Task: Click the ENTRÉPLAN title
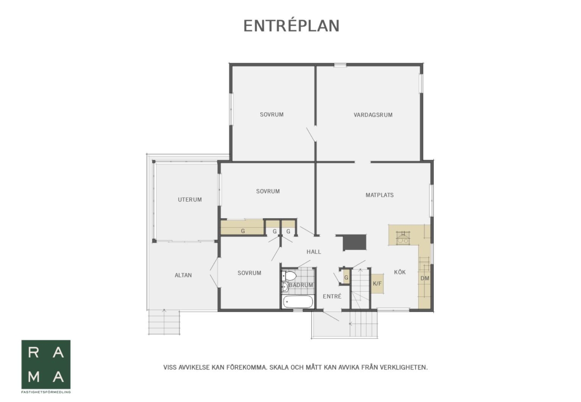point(291,26)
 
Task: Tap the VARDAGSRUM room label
point(373,115)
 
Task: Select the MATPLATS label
point(380,195)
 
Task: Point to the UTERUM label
point(190,200)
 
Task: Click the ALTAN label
point(183,275)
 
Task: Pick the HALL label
point(314,252)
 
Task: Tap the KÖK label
point(400,272)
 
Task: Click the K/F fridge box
point(377,283)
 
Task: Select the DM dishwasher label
point(425,278)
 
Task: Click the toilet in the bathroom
point(289,276)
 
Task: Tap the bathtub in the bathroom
point(298,302)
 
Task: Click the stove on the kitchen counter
point(403,238)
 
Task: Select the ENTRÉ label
point(332,296)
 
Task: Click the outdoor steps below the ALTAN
point(164,322)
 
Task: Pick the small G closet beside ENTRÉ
point(346,278)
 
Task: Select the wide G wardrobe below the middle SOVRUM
point(242,227)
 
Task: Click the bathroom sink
point(285,287)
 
